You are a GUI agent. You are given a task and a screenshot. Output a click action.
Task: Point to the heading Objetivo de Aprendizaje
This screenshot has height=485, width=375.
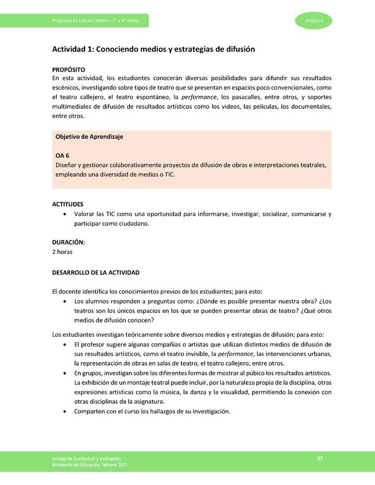pos(89,137)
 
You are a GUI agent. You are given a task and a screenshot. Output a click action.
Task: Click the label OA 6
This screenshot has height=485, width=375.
pos(62,156)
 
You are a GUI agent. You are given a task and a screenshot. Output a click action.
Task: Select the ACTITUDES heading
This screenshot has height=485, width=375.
pos(68,205)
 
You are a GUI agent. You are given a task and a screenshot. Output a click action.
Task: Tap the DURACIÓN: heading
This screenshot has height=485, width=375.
pos(68,242)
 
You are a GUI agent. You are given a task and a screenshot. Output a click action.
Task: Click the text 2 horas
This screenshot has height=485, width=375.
pos(62,252)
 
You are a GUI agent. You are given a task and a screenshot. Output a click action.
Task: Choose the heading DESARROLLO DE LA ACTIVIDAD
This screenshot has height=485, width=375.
pos(96,273)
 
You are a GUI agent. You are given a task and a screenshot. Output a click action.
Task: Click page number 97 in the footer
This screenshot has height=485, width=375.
pos(320,458)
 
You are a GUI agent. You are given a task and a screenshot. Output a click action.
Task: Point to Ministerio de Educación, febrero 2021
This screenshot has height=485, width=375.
pos(90,464)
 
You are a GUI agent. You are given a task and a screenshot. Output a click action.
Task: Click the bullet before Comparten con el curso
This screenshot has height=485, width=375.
pos(64,412)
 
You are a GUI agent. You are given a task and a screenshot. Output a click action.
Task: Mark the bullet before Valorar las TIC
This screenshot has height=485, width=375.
pos(64,214)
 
